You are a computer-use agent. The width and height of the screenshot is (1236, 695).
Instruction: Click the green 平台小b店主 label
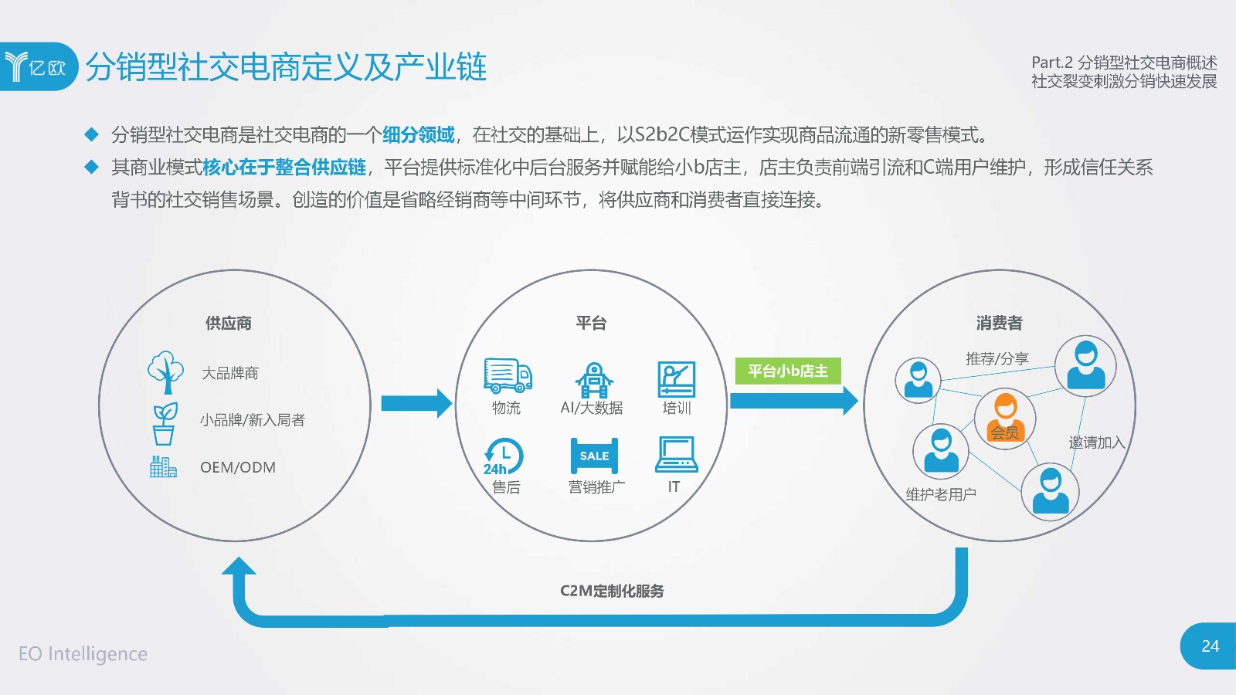(x=787, y=371)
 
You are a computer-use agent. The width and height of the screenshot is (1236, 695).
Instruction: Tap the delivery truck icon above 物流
(x=508, y=375)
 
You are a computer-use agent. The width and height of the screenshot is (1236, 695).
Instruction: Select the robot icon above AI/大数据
(x=594, y=379)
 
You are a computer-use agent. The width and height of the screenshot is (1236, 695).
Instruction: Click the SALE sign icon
(x=594, y=456)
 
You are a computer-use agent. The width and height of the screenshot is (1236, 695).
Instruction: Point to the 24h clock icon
(x=503, y=456)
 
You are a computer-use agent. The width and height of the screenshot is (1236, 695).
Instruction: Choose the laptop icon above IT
(x=677, y=455)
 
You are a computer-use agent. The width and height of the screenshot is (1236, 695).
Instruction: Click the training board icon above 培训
(x=677, y=379)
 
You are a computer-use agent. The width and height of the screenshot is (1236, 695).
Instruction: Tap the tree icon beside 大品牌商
(x=165, y=372)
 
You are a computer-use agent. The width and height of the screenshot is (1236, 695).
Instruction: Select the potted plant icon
(x=165, y=423)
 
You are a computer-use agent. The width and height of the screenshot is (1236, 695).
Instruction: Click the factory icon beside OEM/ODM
(x=163, y=466)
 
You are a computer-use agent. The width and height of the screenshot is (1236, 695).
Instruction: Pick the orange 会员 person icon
(x=1005, y=418)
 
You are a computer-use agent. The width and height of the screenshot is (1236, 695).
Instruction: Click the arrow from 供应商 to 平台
(x=416, y=403)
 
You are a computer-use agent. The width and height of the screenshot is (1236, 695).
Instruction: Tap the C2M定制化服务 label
(x=612, y=591)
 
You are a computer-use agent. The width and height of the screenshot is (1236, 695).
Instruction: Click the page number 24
(x=1210, y=646)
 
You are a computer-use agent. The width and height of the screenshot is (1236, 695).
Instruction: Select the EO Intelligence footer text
(x=83, y=653)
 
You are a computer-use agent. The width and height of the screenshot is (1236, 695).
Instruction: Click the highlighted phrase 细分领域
(x=418, y=134)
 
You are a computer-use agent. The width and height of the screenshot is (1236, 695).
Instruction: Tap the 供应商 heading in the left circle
(x=229, y=324)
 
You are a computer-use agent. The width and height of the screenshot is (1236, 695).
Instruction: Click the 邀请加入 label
(x=1096, y=442)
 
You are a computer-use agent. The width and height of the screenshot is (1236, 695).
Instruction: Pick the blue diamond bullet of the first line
(x=91, y=134)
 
